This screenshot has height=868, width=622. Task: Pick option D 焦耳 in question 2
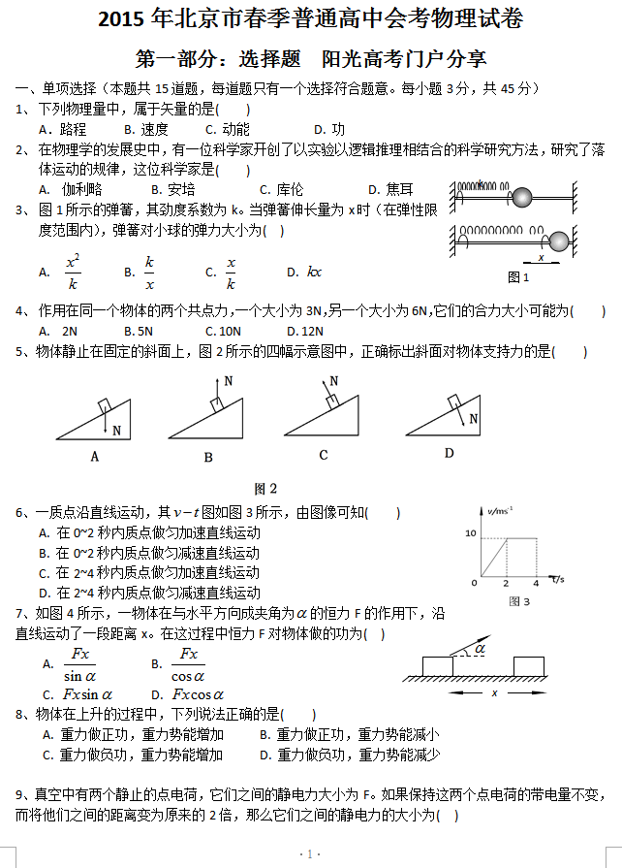coord(389,189)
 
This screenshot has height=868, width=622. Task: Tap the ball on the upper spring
coord(523,197)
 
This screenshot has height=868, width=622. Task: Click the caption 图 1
coord(518,277)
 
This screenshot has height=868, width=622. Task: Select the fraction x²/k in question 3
coord(73,273)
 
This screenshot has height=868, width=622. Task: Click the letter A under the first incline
coord(95,456)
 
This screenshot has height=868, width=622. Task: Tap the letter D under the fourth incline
coord(449,453)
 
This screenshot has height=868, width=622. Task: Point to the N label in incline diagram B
coord(229,381)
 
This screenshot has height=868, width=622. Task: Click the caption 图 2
coord(265,488)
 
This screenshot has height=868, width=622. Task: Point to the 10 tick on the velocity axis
coord(472,534)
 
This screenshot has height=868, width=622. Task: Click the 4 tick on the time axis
coord(535,583)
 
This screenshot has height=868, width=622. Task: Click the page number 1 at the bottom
coord(310,854)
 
